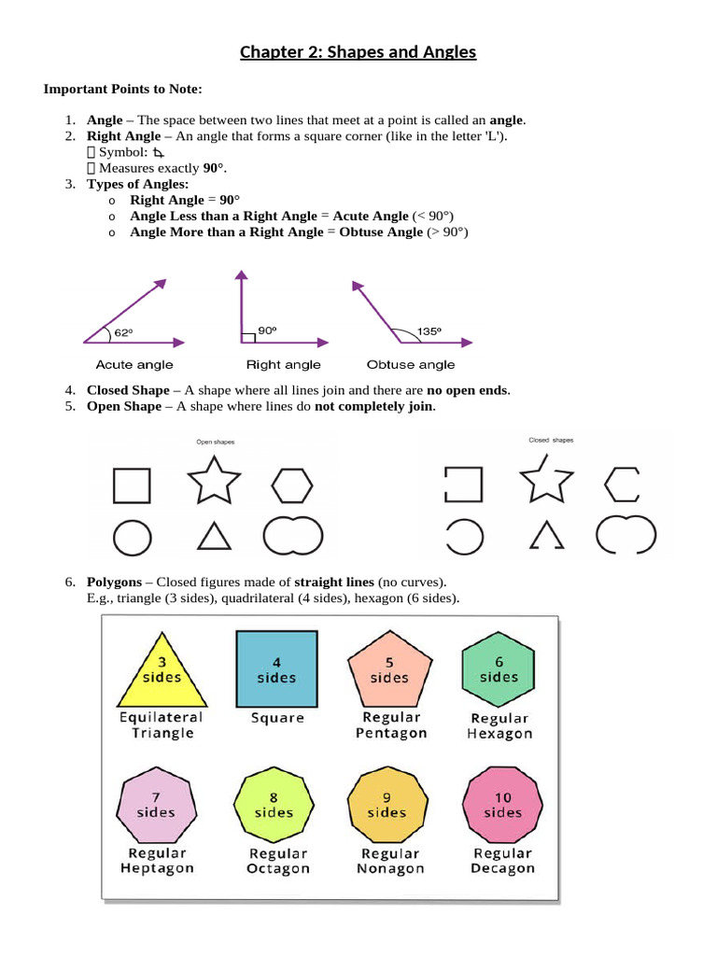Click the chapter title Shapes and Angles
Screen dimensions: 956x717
click(x=358, y=52)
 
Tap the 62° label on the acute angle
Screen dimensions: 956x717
click(x=123, y=332)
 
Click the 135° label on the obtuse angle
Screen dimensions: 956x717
click(x=429, y=330)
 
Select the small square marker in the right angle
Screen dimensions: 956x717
click(x=247, y=337)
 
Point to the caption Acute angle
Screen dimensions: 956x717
click(x=134, y=365)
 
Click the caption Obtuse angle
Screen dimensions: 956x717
click(x=412, y=365)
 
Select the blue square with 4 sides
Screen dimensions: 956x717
click(x=276, y=669)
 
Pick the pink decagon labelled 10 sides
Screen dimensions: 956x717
click(x=503, y=804)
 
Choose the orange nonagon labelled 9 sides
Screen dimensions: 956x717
click(x=387, y=805)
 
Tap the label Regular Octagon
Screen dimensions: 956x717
click(x=278, y=861)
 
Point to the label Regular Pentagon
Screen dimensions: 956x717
click(x=391, y=725)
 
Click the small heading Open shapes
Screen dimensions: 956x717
click(x=215, y=442)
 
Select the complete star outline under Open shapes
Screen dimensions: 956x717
click(x=214, y=481)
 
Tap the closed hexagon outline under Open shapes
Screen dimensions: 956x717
click(x=292, y=485)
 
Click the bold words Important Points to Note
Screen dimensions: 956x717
click(x=123, y=90)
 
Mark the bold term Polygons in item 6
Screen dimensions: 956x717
click(x=115, y=582)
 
